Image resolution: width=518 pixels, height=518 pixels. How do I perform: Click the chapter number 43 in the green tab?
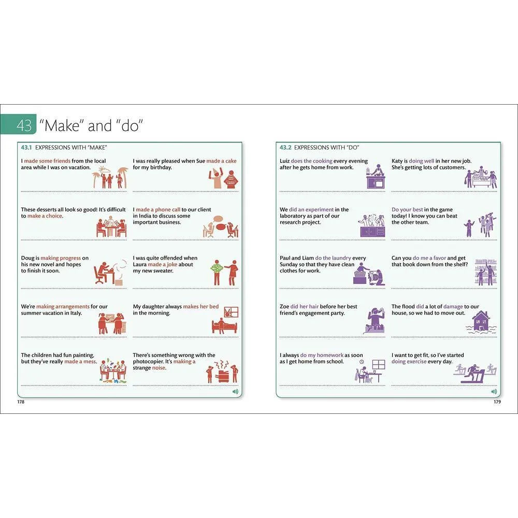[x=24, y=125]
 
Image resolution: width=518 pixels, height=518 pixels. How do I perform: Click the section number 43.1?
[x=26, y=148]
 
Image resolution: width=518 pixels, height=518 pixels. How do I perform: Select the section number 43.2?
[x=285, y=148]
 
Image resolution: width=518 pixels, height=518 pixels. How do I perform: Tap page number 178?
[x=21, y=402]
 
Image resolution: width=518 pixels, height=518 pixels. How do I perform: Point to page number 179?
[x=497, y=402]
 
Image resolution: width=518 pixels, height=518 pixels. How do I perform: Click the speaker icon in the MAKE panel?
[x=235, y=392]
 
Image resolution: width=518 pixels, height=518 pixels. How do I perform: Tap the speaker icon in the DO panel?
[x=494, y=392]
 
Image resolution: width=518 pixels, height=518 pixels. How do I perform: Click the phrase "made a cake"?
[x=221, y=161]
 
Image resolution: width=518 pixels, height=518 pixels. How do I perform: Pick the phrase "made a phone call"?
[x=158, y=209]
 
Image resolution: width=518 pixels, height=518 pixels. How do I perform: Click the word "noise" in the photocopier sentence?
[x=159, y=368]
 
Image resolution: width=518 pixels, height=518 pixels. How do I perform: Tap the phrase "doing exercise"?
[x=409, y=362]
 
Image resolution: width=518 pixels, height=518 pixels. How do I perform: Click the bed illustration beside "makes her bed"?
[x=225, y=321]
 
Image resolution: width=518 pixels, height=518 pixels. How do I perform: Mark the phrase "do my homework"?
[x=322, y=355]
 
